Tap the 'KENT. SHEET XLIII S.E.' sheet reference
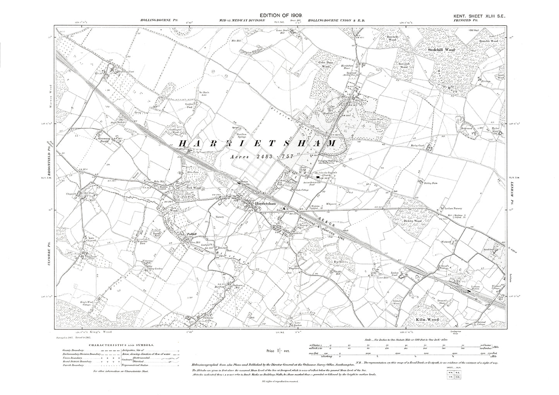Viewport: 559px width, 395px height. point(479,15)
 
